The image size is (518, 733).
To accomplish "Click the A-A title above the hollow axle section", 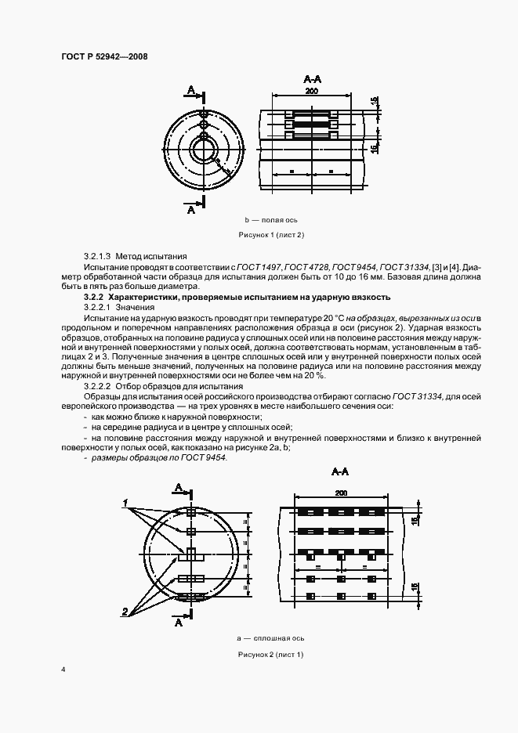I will click(312, 80).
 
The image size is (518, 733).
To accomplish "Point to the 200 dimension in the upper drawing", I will click(312, 92).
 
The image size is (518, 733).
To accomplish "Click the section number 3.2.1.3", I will click(98, 256).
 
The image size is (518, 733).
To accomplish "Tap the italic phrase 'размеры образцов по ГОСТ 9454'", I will click(158, 457).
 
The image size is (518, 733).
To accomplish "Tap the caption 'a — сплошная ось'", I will click(270, 639).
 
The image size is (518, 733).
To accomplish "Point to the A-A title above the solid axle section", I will click(340, 473).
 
